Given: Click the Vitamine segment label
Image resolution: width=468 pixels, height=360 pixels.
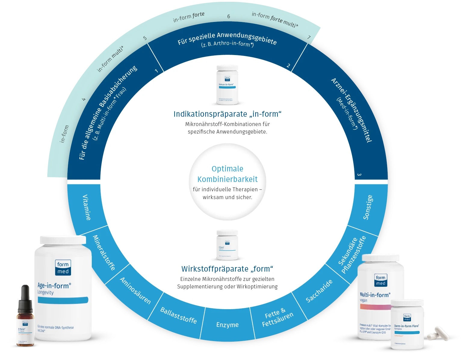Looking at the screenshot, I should (x=87, y=207).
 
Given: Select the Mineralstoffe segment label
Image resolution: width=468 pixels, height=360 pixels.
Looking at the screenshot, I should (x=104, y=253).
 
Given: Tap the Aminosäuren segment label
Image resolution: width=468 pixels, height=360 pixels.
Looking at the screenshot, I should (x=135, y=290).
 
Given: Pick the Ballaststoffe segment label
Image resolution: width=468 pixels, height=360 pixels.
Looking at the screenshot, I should (x=178, y=315).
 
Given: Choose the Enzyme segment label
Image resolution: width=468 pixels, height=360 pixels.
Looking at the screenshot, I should (x=227, y=325).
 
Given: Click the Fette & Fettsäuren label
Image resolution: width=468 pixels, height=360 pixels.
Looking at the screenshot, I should (x=277, y=317).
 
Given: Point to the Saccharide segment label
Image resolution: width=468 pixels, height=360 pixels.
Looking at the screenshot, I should (x=319, y=291).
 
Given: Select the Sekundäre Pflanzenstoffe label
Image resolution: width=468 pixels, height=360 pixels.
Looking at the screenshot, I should (x=352, y=255).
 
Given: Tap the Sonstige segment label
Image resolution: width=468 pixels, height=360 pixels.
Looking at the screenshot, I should (x=368, y=207).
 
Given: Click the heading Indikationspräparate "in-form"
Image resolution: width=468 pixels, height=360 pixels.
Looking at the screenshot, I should (x=227, y=114).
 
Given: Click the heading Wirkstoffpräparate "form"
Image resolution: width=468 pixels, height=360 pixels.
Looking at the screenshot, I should (x=227, y=269).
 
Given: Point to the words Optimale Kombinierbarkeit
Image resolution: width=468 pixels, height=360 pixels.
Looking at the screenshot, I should (x=227, y=174).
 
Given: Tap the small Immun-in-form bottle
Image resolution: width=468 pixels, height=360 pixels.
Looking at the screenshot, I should (x=227, y=85).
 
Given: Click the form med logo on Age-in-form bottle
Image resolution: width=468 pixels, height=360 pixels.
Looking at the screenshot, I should (x=63, y=267).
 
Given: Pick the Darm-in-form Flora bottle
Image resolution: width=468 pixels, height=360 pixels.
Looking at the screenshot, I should (x=407, y=325).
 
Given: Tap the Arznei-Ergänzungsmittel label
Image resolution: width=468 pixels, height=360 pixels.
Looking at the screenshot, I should (x=352, y=110).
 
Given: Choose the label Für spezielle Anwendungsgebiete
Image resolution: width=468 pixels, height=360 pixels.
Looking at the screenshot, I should (x=227, y=38).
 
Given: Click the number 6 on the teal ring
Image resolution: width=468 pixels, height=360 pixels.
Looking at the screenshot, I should (x=228, y=16).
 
